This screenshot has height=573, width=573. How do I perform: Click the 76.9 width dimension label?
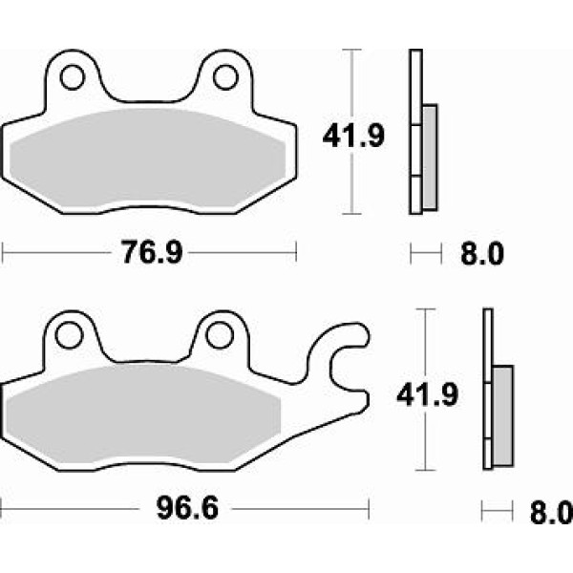[152, 252]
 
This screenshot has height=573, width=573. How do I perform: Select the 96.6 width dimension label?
[187, 508]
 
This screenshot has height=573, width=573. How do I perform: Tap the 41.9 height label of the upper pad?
[353, 136]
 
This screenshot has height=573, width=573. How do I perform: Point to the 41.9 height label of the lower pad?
[427, 394]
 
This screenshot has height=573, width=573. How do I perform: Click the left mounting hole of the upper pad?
[72, 77]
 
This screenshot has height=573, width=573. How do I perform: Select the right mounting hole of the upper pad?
[225, 77]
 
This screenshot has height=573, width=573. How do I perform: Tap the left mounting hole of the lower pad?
[69, 335]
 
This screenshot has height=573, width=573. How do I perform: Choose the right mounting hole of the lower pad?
[220, 335]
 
